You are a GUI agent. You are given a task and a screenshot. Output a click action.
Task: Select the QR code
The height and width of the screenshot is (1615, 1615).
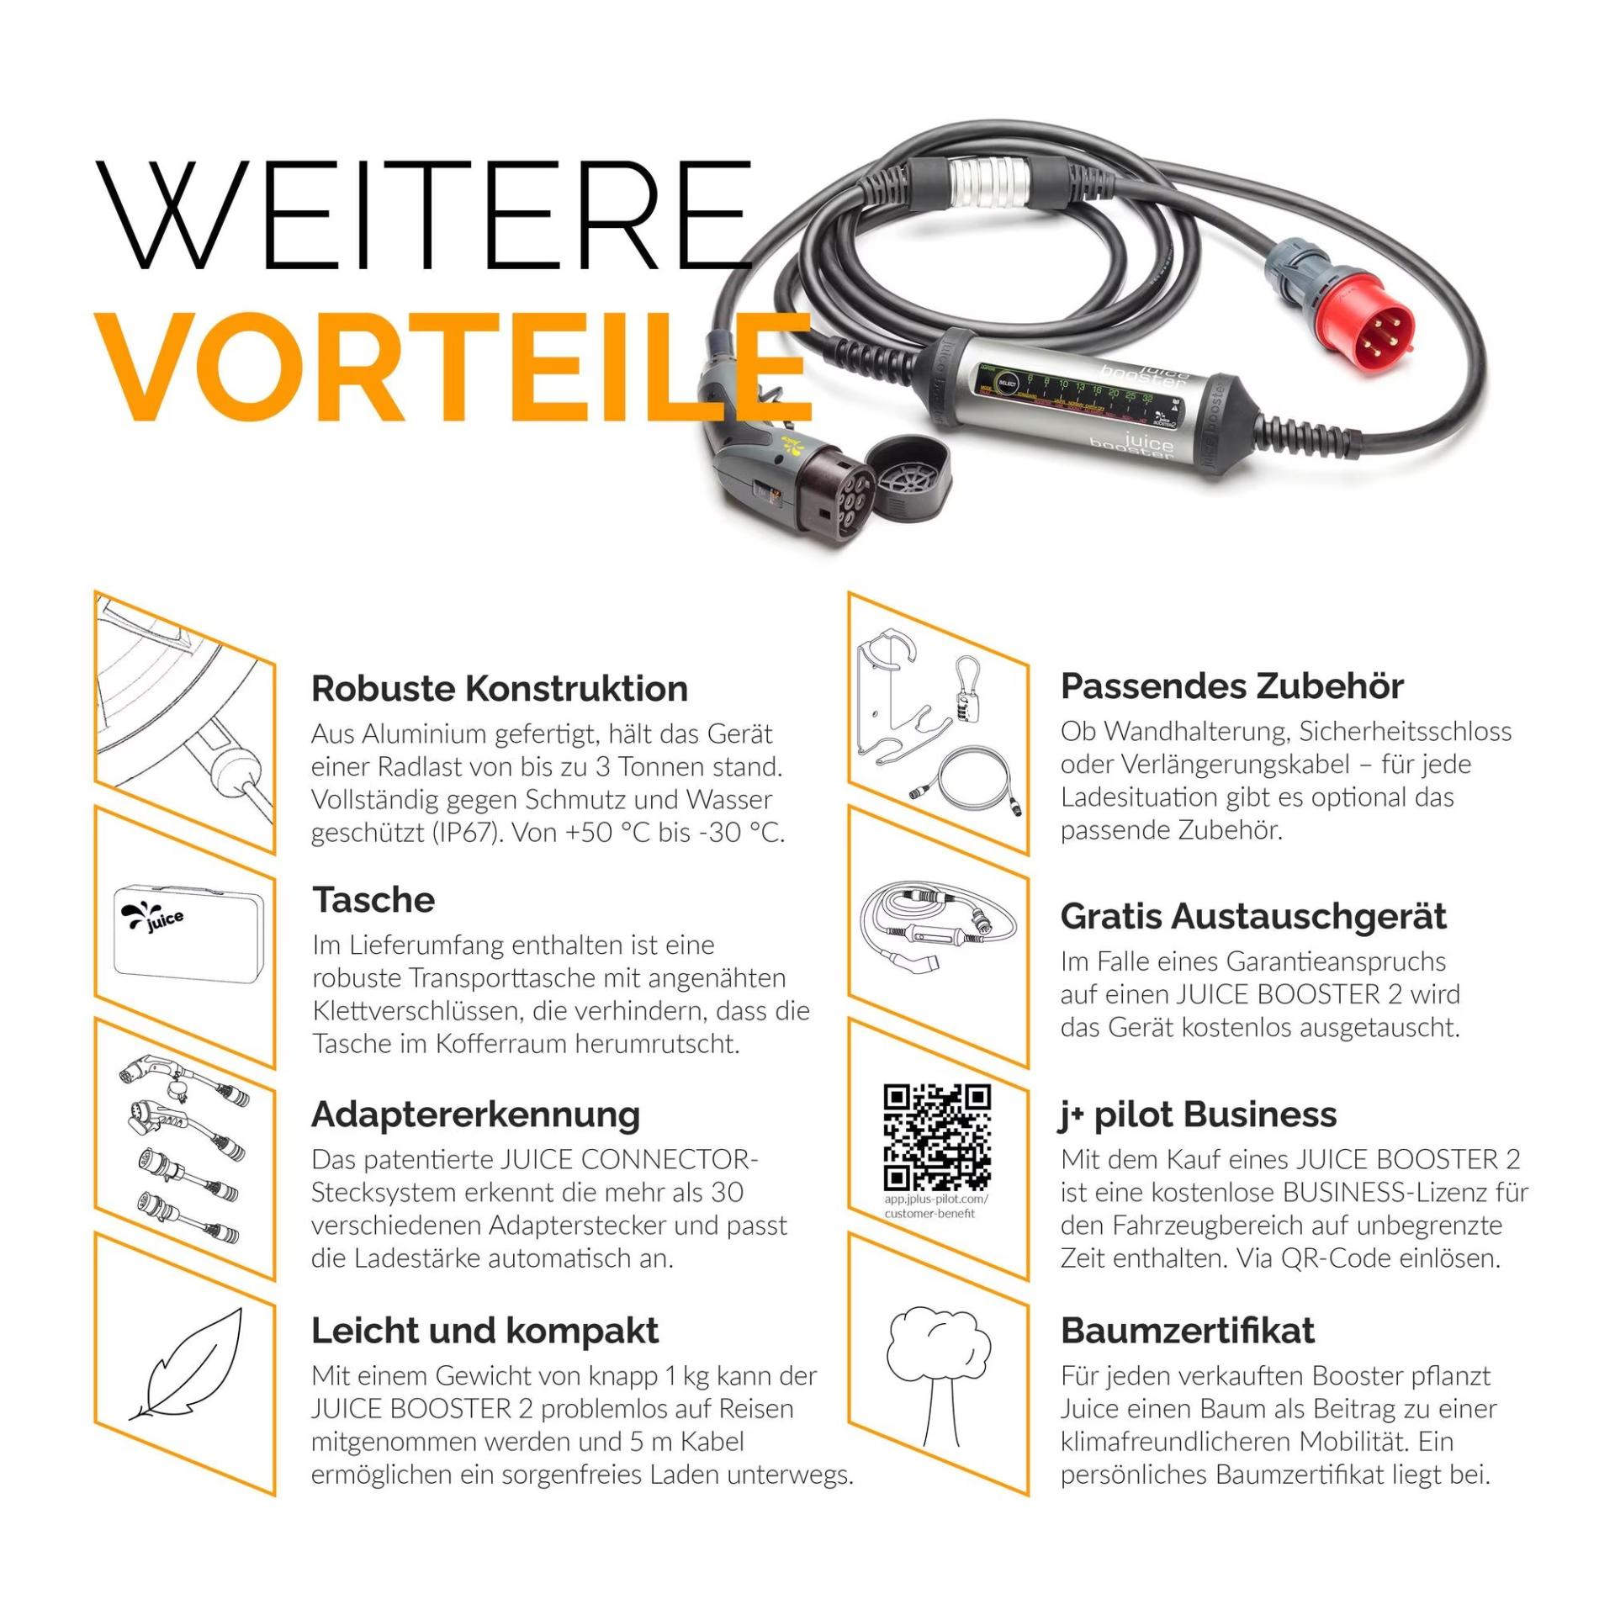[937, 1137]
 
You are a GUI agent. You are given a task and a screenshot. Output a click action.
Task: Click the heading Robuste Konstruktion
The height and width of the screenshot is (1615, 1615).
[500, 688]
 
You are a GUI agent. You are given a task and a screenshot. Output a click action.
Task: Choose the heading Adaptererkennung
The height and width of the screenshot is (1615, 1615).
[475, 1115]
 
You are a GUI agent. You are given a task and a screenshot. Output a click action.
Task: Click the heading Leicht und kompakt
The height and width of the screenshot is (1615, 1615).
[484, 1331]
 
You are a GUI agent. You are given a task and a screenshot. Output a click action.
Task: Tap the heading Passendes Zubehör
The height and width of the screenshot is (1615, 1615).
[1231, 686]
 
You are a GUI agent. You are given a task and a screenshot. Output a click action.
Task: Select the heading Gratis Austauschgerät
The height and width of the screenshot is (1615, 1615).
[1253, 916]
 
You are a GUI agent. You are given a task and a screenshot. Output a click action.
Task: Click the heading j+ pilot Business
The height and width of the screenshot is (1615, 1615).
[1198, 1115]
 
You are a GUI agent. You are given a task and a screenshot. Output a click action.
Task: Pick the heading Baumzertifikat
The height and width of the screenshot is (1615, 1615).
[1187, 1331]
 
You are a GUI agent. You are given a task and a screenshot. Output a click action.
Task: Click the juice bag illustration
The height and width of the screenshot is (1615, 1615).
[188, 929]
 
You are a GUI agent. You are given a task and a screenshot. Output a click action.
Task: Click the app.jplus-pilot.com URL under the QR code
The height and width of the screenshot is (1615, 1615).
[936, 1205]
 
